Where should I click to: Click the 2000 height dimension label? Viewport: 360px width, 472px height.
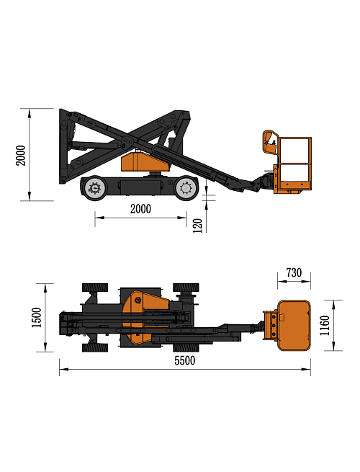(21, 156)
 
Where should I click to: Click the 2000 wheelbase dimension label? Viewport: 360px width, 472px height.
(140, 208)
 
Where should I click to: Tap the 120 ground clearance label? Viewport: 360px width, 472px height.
(197, 226)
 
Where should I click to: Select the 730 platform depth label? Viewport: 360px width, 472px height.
(294, 272)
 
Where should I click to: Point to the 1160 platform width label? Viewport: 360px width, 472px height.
(325, 326)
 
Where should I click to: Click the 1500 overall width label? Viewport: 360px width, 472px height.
(37, 318)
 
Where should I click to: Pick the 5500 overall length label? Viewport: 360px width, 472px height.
(184, 360)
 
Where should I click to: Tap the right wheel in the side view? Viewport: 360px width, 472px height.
(186, 188)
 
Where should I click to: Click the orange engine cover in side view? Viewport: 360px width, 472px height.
(144, 163)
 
